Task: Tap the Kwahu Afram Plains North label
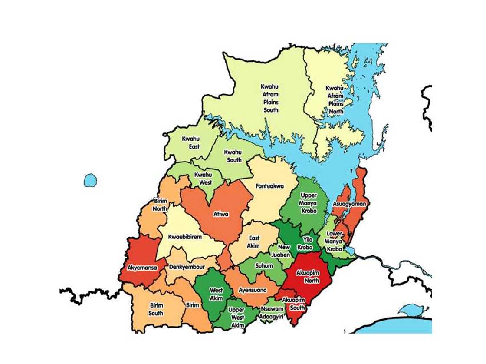pyautogui.click(x=335, y=99)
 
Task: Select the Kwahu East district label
pyautogui.click(x=191, y=142)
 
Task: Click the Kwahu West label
pyautogui.click(x=203, y=179)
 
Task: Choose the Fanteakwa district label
pyautogui.click(x=270, y=186)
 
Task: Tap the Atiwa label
pyautogui.click(x=221, y=214)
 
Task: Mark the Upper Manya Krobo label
pyautogui.click(x=308, y=203)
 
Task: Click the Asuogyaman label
pyautogui.click(x=349, y=204)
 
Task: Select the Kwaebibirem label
pyautogui.click(x=185, y=237)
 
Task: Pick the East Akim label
pyautogui.click(x=254, y=242)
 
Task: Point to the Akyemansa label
pyautogui.click(x=142, y=268)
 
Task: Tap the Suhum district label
pyautogui.click(x=264, y=265)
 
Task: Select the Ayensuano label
pyautogui.click(x=253, y=290)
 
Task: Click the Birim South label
pyautogui.click(x=156, y=309)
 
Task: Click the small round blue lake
pyautogui.click(x=90, y=180)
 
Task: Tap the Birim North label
pyautogui.click(x=160, y=205)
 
